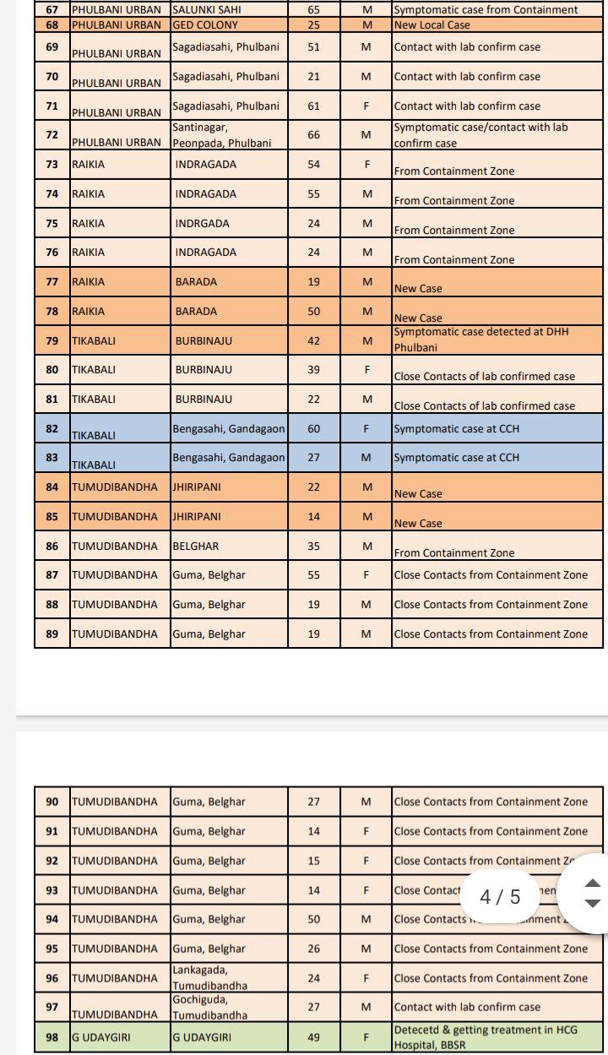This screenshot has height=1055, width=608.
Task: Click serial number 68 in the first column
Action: pos(52,24)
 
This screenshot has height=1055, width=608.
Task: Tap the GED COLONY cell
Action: pos(205,24)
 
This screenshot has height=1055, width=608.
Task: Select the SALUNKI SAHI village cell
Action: pos(207,10)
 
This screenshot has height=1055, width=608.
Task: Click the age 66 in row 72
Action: pos(313,134)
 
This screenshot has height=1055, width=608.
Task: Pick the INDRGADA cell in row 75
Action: pos(202,223)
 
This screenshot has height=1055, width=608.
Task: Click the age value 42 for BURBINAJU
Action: pos(313,340)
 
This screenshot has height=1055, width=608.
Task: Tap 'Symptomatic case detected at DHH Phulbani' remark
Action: pos(481,340)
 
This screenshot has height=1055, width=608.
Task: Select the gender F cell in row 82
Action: pos(366,428)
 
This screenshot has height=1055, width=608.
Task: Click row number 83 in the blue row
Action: pos(52,458)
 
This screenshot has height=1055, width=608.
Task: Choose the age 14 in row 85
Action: pos(313,516)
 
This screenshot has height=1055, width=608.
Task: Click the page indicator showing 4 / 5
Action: pos(500,896)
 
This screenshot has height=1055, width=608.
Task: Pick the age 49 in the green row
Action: pos(313,1036)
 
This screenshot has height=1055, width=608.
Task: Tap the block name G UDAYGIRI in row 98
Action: pos(101,1037)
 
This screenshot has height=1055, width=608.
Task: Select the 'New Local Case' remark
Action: pos(432,24)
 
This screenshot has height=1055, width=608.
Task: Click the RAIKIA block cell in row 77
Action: pos(89,281)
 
